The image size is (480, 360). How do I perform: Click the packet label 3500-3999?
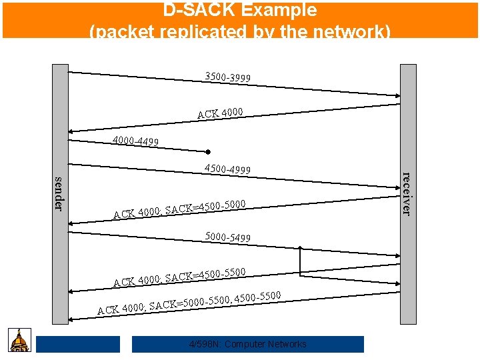(228, 77)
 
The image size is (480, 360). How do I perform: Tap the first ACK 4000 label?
(220, 113)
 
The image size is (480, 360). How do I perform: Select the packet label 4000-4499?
(135, 141)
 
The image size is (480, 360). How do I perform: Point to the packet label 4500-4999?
(228, 169)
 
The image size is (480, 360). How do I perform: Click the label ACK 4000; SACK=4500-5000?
(180, 209)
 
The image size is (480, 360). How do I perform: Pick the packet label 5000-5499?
(228, 237)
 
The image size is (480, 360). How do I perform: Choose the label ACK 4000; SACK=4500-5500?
(180, 277)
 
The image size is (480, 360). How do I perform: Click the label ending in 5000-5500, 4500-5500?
(189, 302)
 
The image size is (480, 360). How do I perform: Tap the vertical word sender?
(59, 193)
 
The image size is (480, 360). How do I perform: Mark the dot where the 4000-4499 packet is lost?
(208, 151)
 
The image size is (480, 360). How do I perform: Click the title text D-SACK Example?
(240, 11)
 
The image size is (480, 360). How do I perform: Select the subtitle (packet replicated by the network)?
(240, 31)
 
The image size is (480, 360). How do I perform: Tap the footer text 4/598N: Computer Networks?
(248, 344)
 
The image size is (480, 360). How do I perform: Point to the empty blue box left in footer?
(78, 344)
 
